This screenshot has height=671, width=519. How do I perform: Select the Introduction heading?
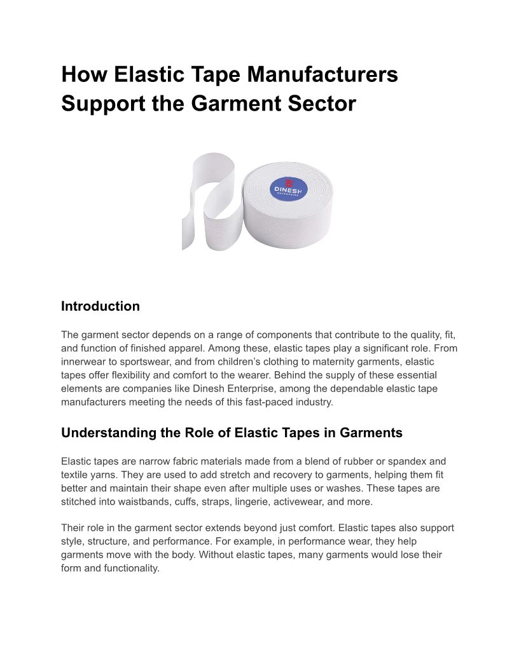click(100, 306)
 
